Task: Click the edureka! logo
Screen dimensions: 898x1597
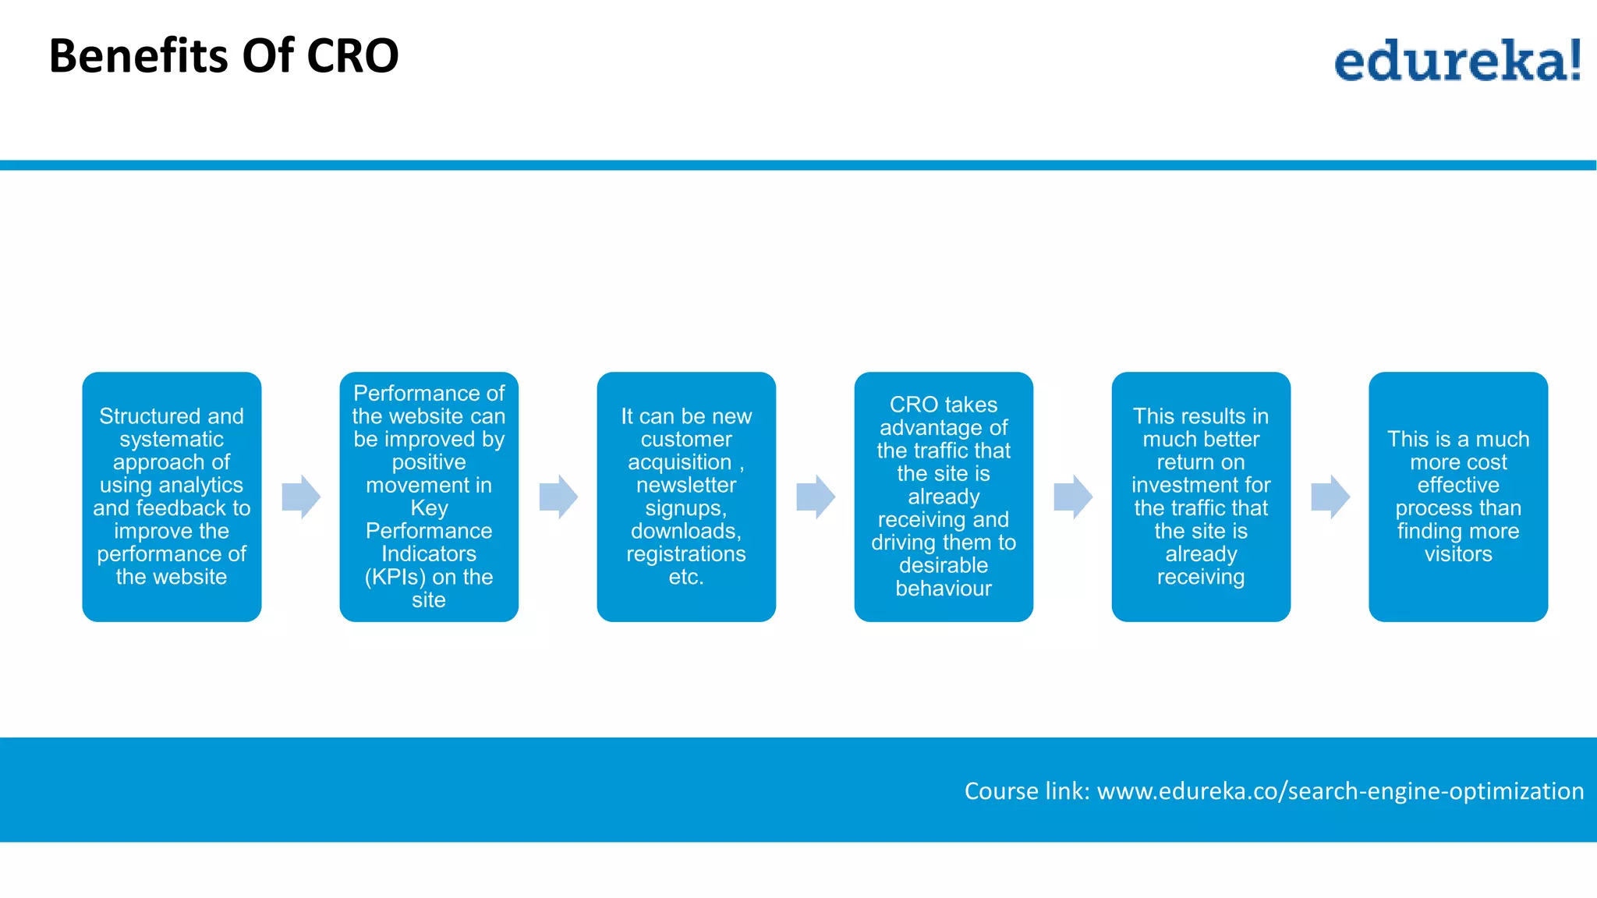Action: (x=1457, y=61)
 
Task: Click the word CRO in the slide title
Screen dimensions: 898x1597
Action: (x=352, y=56)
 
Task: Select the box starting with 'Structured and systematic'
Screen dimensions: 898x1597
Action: (x=172, y=497)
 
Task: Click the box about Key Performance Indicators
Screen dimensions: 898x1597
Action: (x=429, y=497)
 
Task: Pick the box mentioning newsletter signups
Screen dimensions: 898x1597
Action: (x=686, y=497)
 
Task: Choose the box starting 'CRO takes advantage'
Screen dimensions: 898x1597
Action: (x=944, y=497)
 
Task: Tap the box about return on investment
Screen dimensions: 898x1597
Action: (x=1201, y=497)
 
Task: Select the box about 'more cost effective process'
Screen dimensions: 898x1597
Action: (x=1458, y=497)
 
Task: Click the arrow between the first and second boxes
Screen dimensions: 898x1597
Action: (x=301, y=497)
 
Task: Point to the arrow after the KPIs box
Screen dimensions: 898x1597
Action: (x=558, y=497)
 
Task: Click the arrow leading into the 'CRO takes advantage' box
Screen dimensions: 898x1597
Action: (x=816, y=497)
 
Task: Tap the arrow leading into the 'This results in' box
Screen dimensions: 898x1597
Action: (x=1073, y=497)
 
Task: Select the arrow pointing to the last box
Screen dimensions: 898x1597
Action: (x=1330, y=497)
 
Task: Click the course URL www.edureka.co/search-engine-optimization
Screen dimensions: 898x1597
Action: (x=1340, y=790)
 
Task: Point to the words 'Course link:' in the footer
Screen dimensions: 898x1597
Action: (x=1026, y=790)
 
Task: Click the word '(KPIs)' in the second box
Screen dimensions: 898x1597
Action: (x=395, y=577)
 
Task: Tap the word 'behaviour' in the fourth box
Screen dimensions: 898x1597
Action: (x=944, y=589)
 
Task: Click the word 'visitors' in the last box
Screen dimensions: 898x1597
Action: (x=1458, y=554)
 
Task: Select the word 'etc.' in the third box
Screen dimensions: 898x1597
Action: (x=686, y=577)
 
